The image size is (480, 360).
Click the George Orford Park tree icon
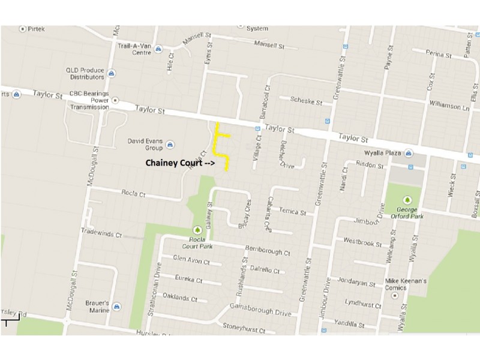coord(407,200)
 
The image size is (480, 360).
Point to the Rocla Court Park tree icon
coord(197,230)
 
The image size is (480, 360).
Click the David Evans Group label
coord(145,144)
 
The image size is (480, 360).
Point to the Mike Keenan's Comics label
coord(406,284)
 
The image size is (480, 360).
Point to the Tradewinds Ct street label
coord(101,232)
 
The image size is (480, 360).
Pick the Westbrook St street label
coord(362,242)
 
